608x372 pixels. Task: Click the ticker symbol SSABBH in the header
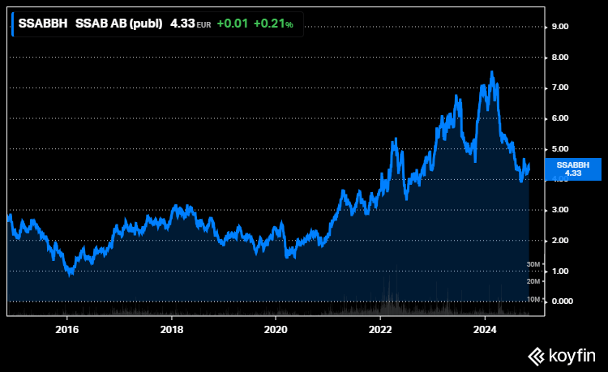click(x=43, y=24)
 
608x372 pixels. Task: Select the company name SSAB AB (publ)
click(x=118, y=24)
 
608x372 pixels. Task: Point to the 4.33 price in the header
click(x=182, y=24)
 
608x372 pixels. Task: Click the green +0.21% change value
click(x=273, y=24)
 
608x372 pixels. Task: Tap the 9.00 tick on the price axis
click(x=562, y=27)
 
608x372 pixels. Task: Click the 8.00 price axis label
click(x=562, y=58)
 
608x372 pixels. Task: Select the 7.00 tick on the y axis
click(x=562, y=88)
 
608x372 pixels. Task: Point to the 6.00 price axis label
click(x=562, y=118)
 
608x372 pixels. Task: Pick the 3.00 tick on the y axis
click(x=562, y=210)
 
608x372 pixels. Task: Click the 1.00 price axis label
click(x=562, y=271)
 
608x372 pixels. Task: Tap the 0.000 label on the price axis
click(x=563, y=301)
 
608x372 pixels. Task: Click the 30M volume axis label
click(x=533, y=264)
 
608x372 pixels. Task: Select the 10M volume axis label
click(x=533, y=299)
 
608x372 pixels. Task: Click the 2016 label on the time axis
click(x=67, y=329)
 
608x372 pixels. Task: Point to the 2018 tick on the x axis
click(x=172, y=329)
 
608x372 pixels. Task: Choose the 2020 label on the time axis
click(x=276, y=329)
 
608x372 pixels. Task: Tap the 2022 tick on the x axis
click(x=381, y=329)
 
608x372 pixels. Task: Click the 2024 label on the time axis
click(x=485, y=329)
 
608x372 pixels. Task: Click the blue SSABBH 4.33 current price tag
click(x=573, y=169)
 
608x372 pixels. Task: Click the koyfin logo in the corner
click(x=562, y=355)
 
